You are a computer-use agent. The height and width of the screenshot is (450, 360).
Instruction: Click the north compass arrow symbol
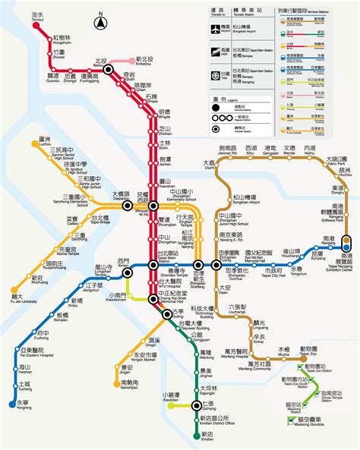[x=100, y=23]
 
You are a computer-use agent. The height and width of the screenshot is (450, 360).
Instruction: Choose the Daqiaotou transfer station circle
[x=127, y=205]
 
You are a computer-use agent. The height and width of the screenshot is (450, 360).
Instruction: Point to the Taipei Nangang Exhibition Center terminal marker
[x=347, y=244]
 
